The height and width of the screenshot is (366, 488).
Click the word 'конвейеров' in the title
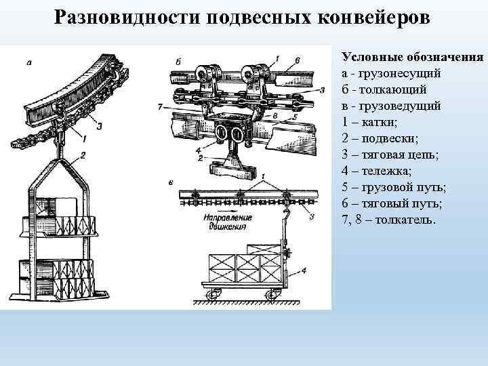click(x=372, y=16)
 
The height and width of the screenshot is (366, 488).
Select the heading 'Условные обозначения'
click(x=412, y=56)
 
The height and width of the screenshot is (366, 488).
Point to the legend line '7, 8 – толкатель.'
click(x=390, y=221)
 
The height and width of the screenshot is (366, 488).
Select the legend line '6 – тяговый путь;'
click(x=389, y=205)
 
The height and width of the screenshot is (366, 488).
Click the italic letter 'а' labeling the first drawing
click(x=30, y=62)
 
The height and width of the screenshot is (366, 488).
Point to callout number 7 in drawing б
click(x=159, y=107)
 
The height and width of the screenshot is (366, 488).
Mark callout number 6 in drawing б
click(x=296, y=61)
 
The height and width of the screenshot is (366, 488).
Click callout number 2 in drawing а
click(x=83, y=156)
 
